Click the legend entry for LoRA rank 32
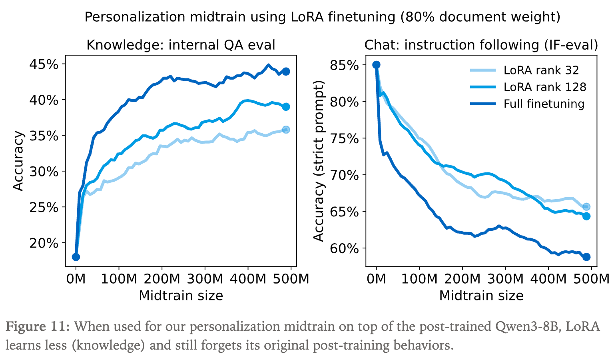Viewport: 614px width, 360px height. click(x=541, y=70)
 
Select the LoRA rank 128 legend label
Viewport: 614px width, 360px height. click(x=544, y=87)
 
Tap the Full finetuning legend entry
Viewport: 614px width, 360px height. click(x=544, y=104)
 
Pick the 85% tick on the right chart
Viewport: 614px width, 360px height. click(x=344, y=65)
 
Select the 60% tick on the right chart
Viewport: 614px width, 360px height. click(x=344, y=248)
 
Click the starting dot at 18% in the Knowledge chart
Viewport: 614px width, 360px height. click(x=76, y=257)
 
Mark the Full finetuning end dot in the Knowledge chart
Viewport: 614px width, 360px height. click(x=286, y=72)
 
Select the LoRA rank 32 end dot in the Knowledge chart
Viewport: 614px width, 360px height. click(x=286, y=130)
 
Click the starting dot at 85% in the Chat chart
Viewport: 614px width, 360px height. click(x=376, y=65)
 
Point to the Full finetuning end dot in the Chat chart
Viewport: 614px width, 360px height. click(x=586, y=257)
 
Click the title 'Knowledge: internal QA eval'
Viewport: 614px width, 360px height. click(x=181, y=45)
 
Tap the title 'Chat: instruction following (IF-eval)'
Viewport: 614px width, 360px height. click(x=481, y=45)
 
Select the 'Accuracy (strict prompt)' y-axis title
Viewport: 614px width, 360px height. click(x=319, y=161)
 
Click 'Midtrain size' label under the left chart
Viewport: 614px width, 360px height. click(x=181, y=296)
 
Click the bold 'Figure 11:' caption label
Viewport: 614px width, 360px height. click(x=38, y=327)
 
